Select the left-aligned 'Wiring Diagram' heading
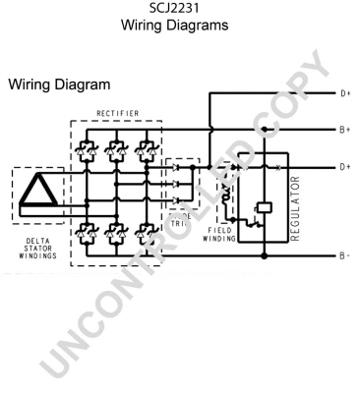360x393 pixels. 58,86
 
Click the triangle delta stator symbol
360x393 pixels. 34,192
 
